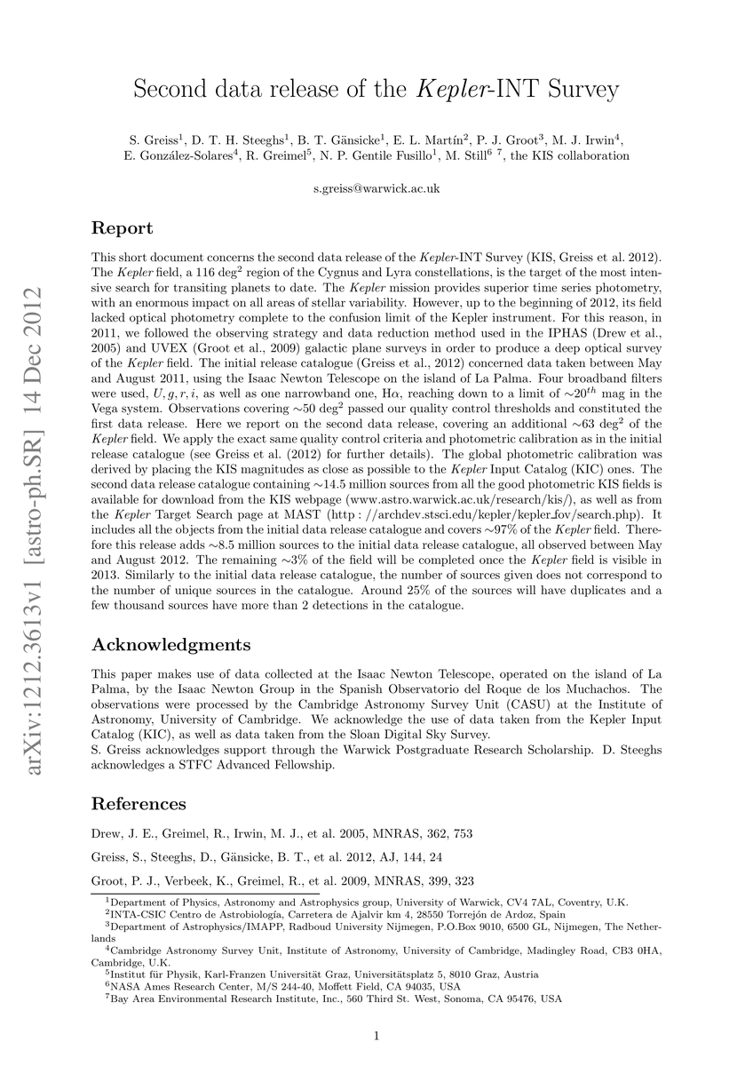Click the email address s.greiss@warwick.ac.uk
[x=376, y=189]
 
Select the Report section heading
[x=123, y=228]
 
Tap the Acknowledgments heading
[x=171, y=644]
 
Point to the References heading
[x=139, y=804]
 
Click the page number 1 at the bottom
[x=376, y=1036]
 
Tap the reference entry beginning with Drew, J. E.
[x=282, y=834]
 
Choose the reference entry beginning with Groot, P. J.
[x=282, y=881]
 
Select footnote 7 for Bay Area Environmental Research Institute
[x=333, y=998]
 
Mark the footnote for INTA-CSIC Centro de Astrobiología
[x=329, y=912]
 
